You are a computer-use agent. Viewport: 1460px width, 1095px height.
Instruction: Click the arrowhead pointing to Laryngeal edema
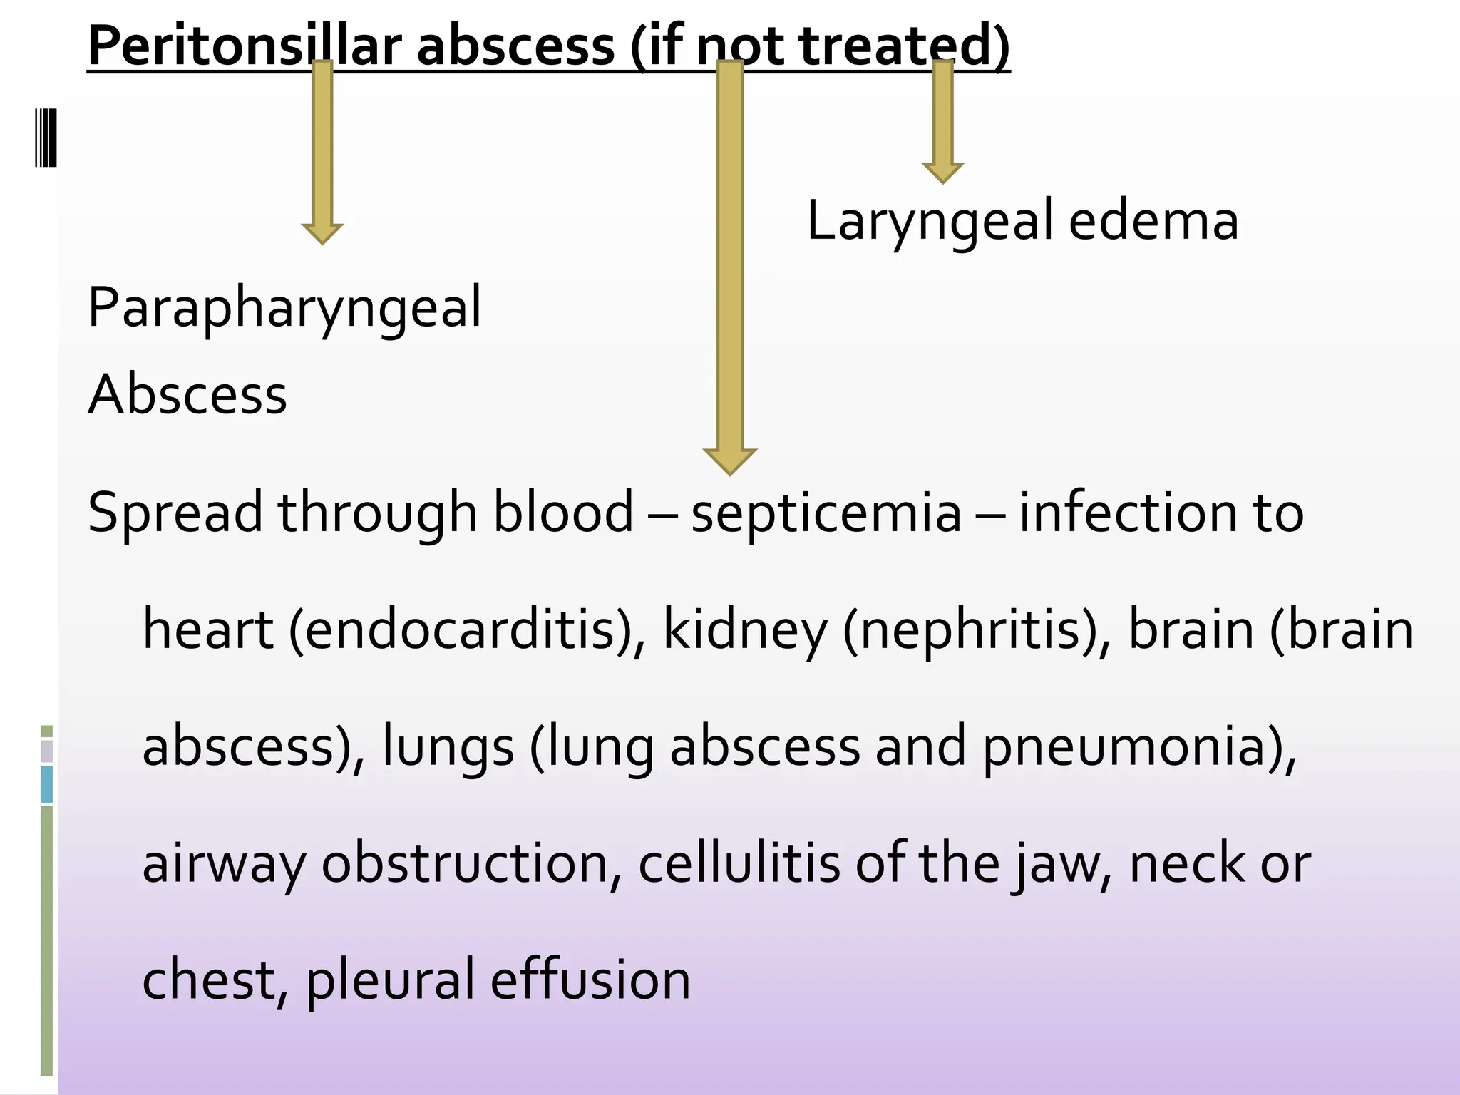click(x=942, y=172)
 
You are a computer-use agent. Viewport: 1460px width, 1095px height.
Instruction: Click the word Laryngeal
click(x=930, y=221)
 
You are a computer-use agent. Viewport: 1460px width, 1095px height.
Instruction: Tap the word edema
click(x=1153, y=221)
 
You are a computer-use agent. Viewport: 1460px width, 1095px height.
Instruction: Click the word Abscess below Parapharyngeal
click(x=187, y=394)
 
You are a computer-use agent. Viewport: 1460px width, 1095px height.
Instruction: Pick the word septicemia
click(x=826, y=513)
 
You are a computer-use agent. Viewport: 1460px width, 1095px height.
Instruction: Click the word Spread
click(x=175, y=513)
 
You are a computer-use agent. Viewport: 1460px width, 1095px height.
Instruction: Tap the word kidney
click(x=745, y=630)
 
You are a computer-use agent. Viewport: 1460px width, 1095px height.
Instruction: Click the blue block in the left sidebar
click(x=47, y=784)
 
